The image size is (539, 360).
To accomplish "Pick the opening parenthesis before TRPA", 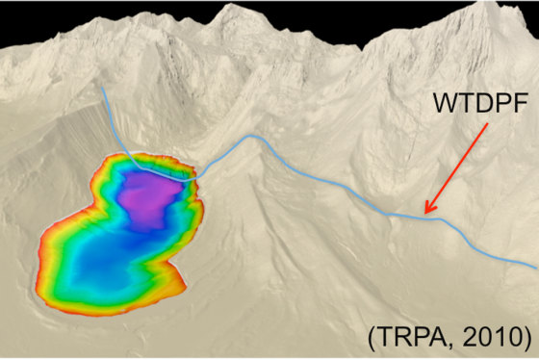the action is (x=372, y=338).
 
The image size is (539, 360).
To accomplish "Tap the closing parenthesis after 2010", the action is (x=526, y=338).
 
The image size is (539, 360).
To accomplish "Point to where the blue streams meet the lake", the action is (x=192, y=176).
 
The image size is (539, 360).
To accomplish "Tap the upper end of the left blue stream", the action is (x=104, y=89).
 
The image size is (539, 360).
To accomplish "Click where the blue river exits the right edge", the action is (x=535, y=266).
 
